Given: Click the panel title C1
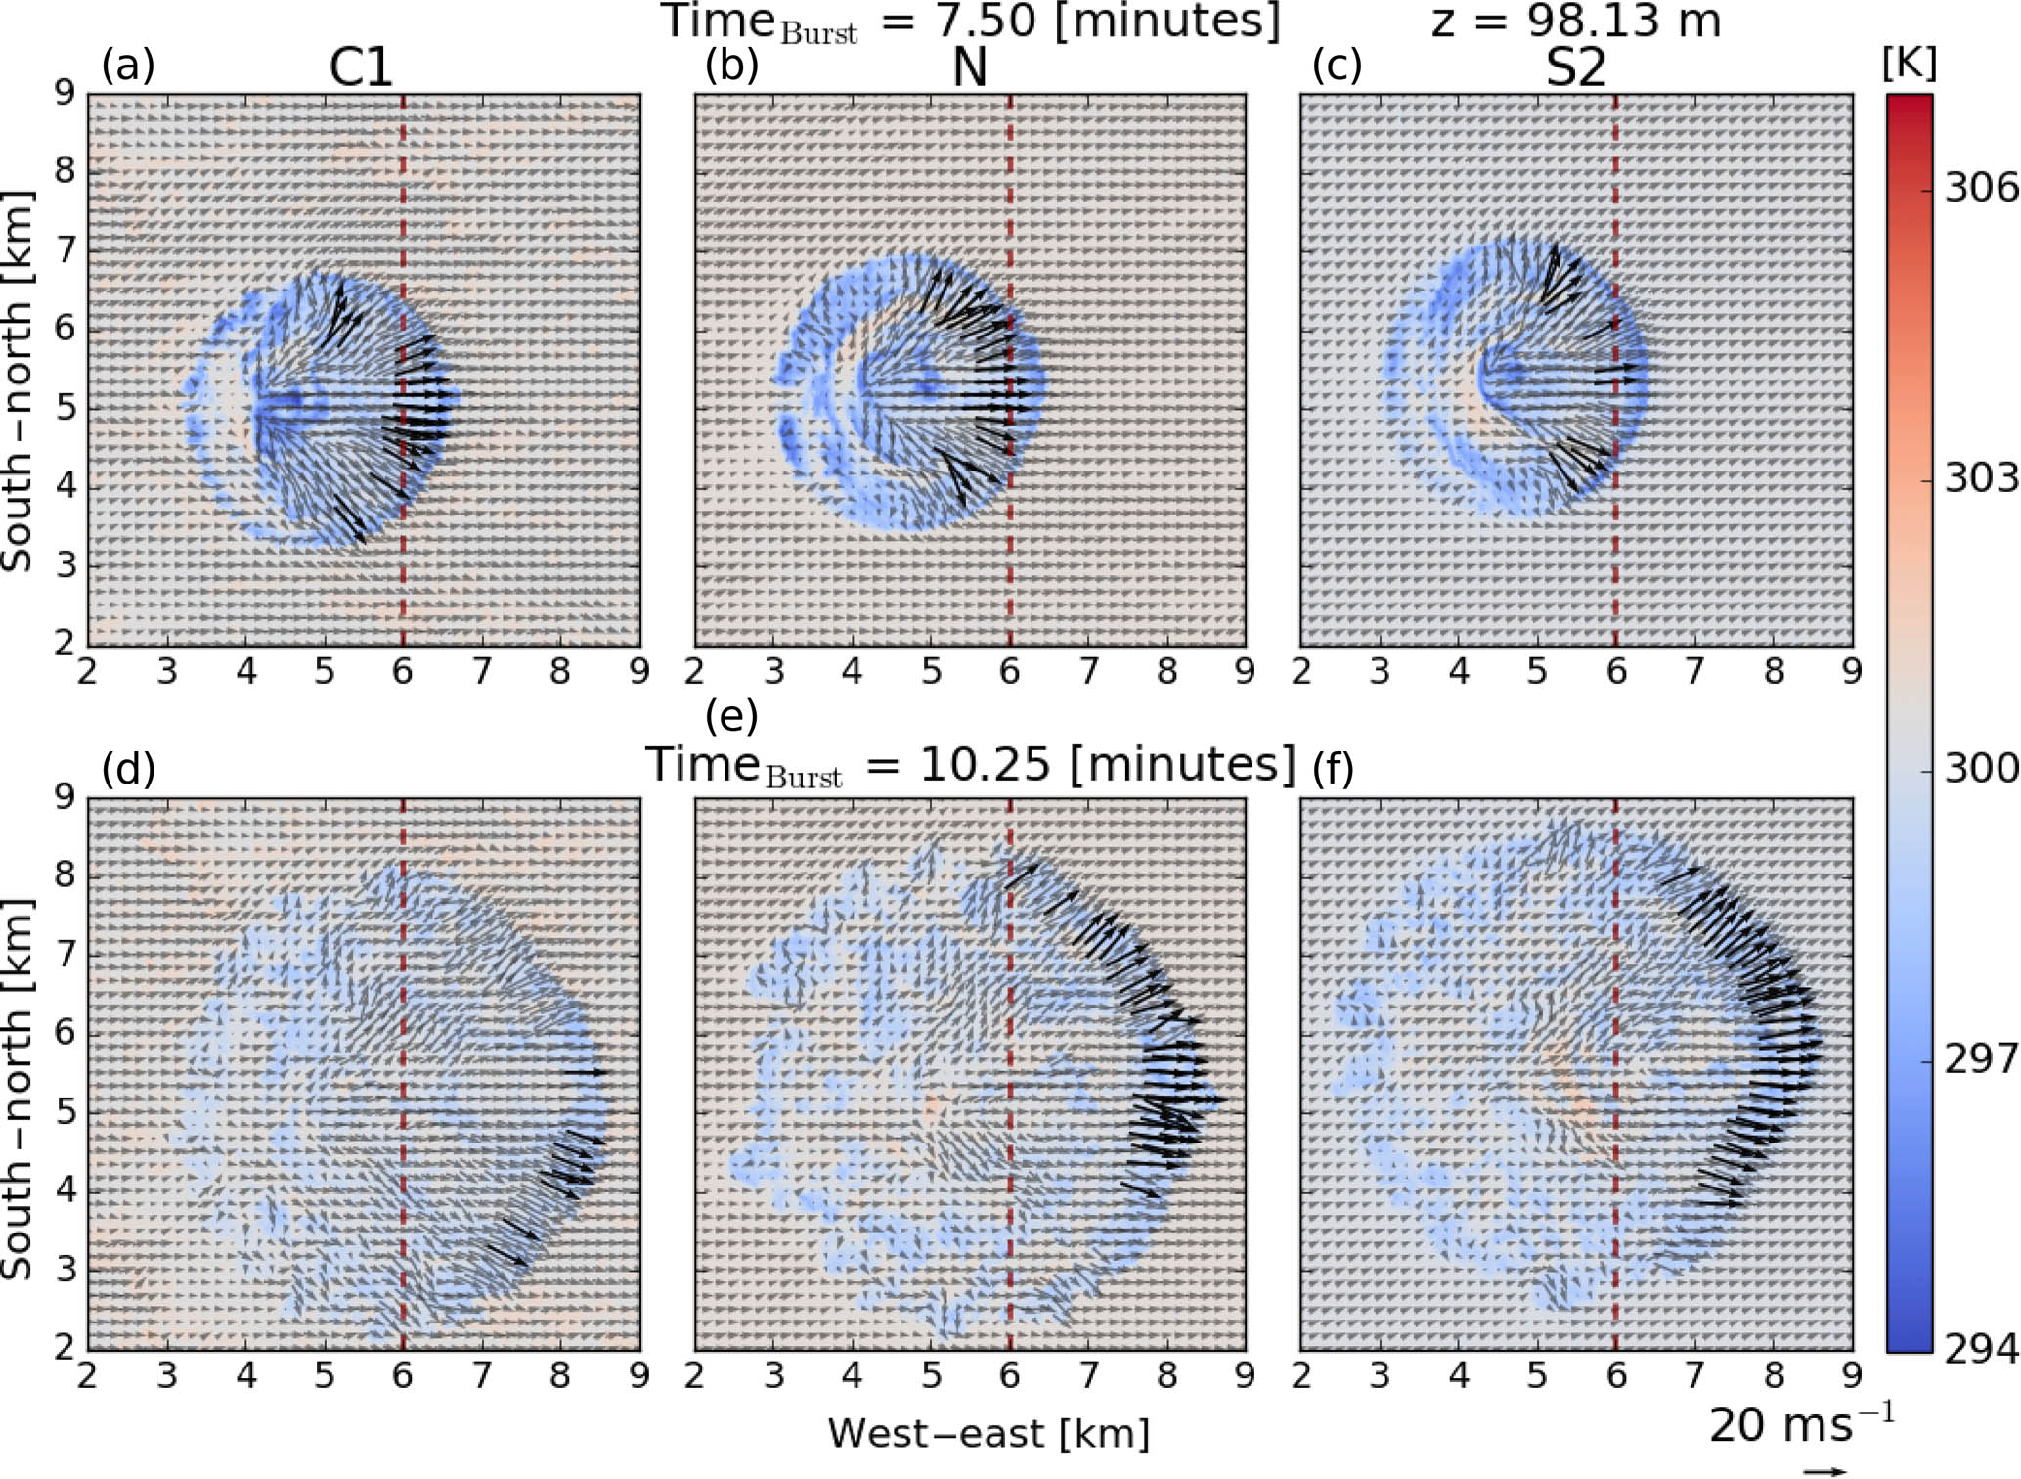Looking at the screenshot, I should point(361,68).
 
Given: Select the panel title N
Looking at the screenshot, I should point(969,68).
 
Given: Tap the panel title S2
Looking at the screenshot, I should point(1575,68).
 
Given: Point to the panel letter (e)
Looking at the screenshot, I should point(731,717).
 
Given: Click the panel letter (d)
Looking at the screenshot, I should point(128,770).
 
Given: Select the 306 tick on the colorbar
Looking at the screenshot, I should point(1980,186).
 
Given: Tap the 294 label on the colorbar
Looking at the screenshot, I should point(1980,1350).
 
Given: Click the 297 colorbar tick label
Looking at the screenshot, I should point(1980,1058).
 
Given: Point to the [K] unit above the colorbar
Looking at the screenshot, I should point(1909,65).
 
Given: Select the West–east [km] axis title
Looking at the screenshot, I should point(989,1434).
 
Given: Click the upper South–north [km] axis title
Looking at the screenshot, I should point(18,381).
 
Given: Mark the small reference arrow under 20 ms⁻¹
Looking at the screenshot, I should point(1824,1470).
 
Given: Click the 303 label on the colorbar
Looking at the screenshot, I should point(1980,477).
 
